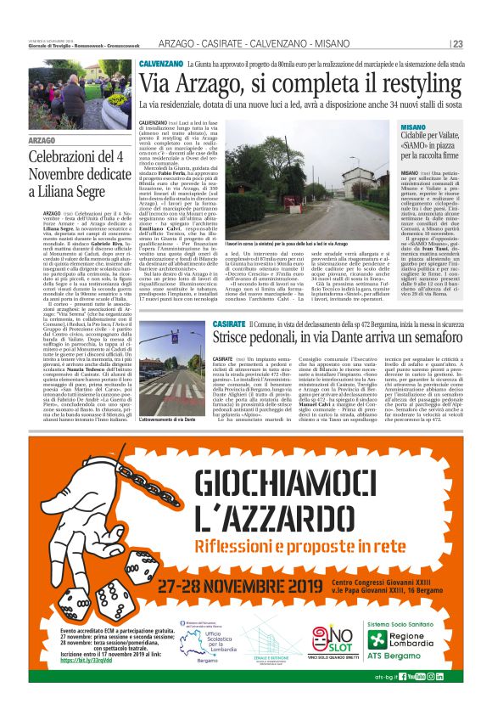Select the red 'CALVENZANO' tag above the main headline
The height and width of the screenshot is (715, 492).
[161, 64]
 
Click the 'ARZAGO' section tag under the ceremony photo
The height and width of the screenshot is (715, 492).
[42, 139]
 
